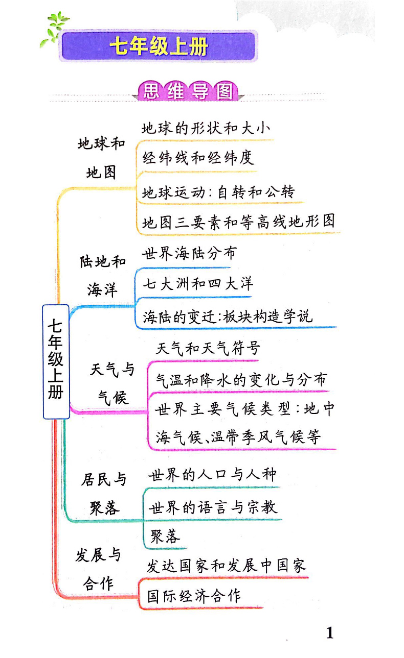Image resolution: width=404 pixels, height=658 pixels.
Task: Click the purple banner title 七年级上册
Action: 159,46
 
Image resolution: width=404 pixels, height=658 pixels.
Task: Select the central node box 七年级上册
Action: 56,360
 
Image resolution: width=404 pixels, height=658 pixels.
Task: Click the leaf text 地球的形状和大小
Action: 206,129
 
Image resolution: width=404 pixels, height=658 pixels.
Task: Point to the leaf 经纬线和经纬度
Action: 198,158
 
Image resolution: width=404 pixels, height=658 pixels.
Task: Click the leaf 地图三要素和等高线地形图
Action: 238,221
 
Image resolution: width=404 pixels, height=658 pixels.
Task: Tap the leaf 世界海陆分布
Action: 189,254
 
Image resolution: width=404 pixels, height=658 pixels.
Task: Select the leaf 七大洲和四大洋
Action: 197,284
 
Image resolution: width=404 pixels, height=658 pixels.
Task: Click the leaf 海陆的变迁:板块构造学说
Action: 228,316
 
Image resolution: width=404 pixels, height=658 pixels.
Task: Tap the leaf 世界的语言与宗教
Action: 213,507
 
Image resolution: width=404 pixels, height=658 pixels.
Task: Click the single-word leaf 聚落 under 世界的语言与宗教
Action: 165,537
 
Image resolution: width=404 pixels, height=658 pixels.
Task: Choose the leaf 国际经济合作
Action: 194,596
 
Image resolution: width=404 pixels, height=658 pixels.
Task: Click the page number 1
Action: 329,633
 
